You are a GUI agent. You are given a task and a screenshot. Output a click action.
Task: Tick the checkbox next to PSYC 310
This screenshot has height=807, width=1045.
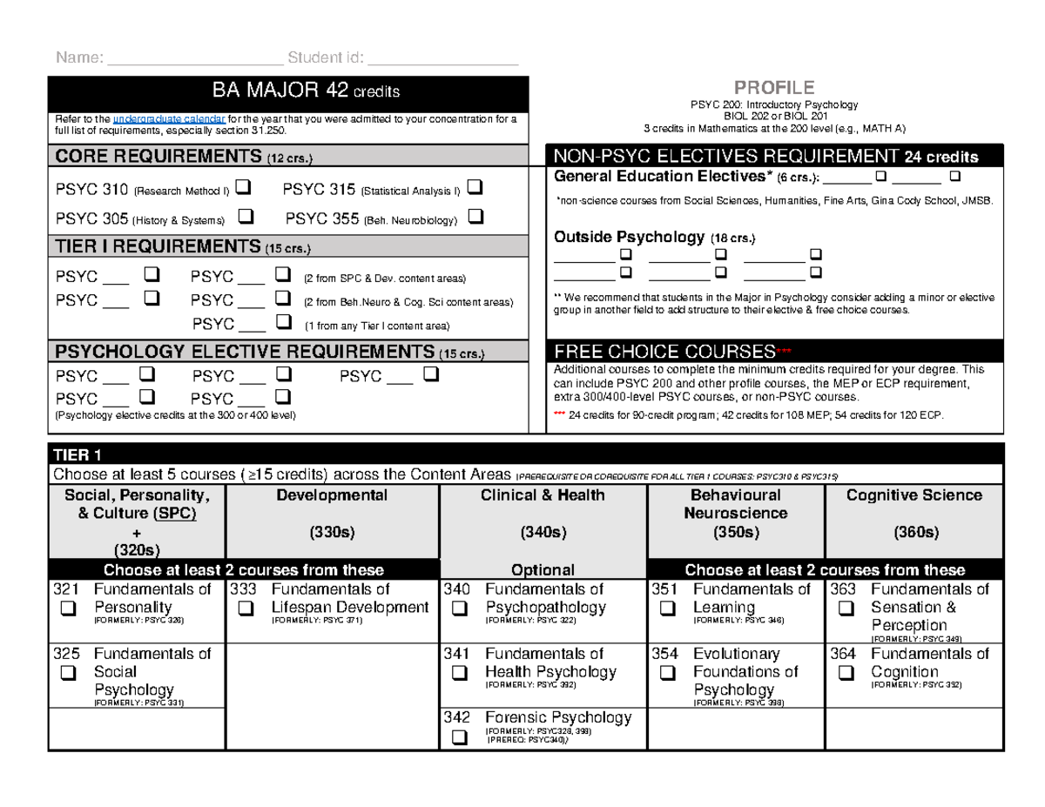point(243,186)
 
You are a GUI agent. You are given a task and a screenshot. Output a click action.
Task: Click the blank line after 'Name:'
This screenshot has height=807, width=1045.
point(195,59)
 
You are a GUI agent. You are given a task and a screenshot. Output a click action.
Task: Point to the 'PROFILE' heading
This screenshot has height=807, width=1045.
point(774,88)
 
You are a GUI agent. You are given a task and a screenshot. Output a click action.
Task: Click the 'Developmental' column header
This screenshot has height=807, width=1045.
point(332,495)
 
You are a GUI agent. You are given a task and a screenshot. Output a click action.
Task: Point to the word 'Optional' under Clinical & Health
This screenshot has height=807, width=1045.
point(543,570)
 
